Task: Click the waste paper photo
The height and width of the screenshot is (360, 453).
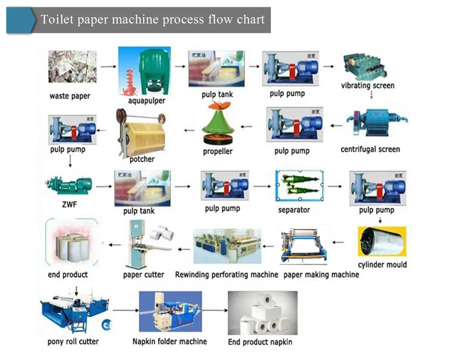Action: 72,67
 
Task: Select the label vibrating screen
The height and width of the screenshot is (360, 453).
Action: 367,86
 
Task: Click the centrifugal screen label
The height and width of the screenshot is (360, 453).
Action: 370,149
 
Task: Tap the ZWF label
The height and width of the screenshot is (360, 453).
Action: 69,205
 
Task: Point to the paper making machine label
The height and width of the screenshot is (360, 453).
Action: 321,274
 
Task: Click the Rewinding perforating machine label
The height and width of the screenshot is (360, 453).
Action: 226,274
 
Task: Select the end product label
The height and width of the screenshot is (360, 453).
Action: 68,274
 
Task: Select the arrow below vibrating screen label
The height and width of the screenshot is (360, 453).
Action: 371,95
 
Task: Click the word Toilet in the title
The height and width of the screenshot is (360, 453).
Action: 55,19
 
